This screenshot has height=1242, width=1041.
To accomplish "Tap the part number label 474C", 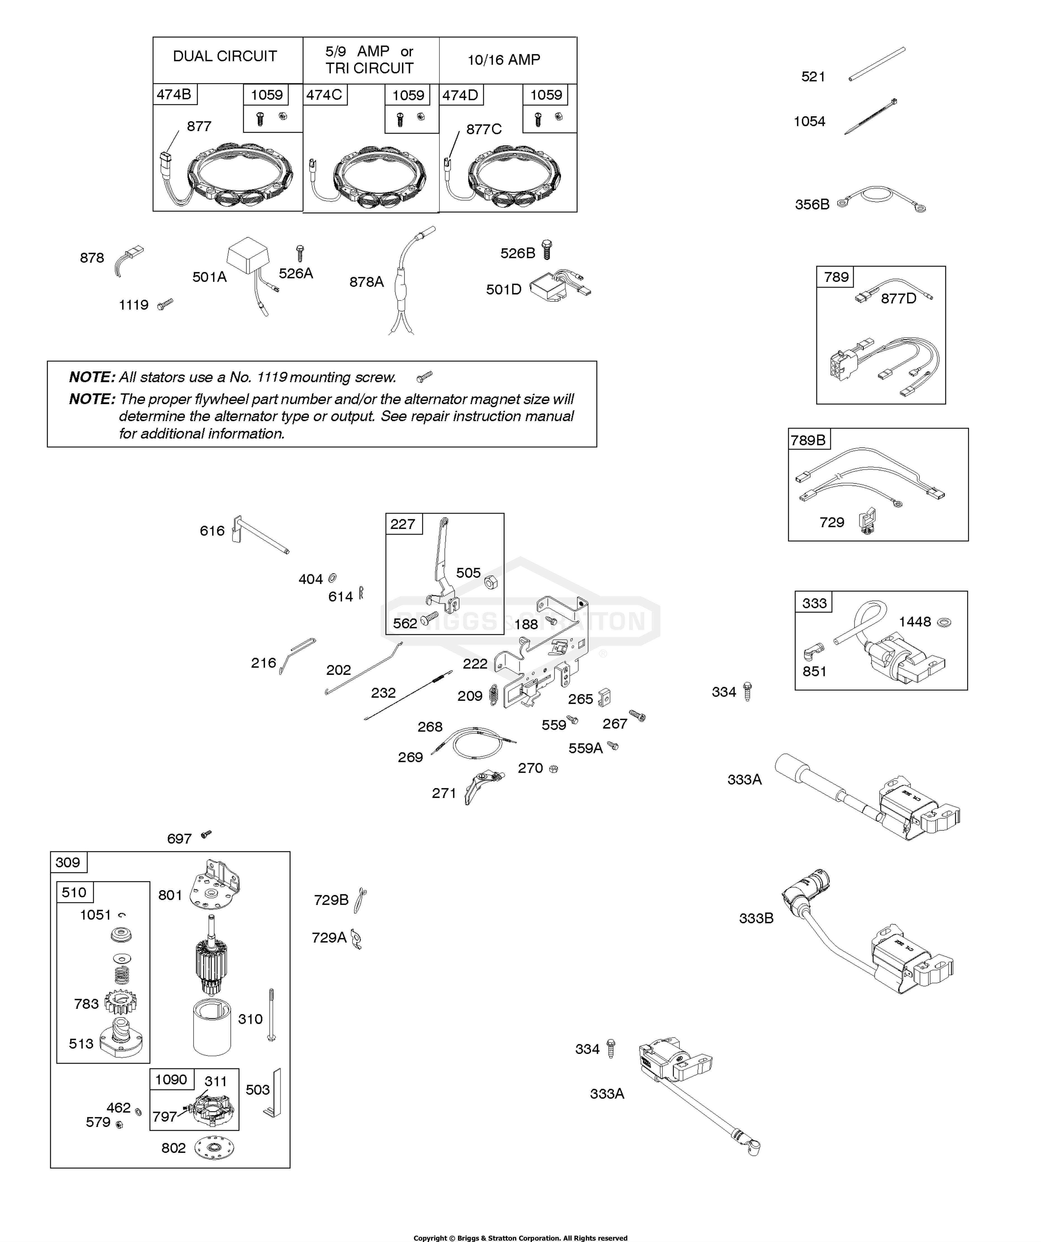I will tap(324, 95).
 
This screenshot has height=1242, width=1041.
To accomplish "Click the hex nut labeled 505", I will tap(491, 583).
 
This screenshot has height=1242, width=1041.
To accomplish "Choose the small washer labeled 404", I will tap(333, 577).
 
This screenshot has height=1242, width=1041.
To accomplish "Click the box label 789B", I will tap(808, 440).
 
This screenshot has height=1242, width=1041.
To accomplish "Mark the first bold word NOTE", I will tap(92, 377).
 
